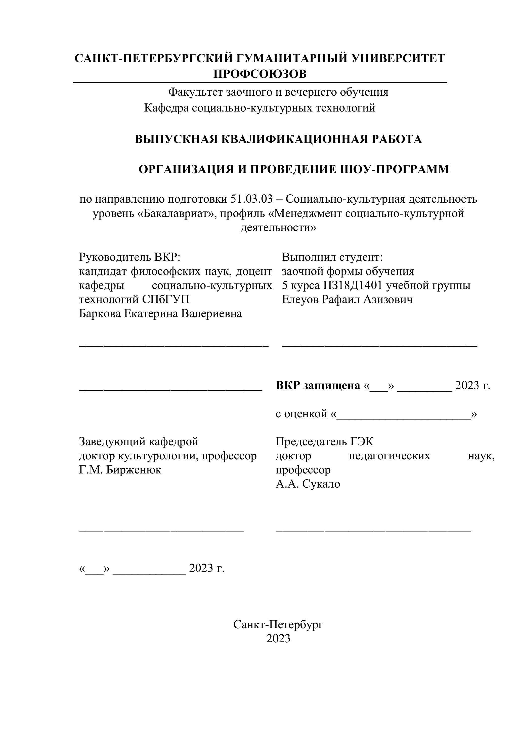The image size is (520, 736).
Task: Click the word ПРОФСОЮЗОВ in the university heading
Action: tap(260, 74)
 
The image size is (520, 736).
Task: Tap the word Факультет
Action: tap(196, 92)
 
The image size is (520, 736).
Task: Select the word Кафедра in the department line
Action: tap(166, 108)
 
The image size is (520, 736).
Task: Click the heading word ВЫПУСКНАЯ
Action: tap(176, 139)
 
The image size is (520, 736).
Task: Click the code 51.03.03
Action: tap(251, 199)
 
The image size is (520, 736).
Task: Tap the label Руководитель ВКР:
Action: tap(130, 257)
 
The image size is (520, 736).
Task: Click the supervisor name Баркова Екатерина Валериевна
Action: tap(160, 314)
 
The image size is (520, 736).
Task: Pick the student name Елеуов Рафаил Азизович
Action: tap(347, 299)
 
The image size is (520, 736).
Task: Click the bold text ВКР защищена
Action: tap(318, 385)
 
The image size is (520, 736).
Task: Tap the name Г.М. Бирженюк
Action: tap(120, 470)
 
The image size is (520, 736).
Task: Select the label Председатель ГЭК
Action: tap(324, 442)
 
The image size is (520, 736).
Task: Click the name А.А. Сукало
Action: tap(308, 484)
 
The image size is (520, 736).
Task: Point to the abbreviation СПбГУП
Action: tap(166, 299)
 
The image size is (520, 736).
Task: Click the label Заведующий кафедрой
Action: tap(139, 442)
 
